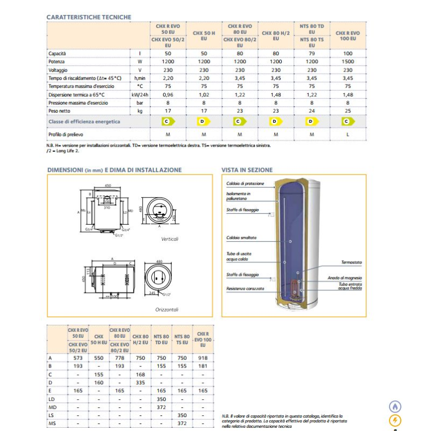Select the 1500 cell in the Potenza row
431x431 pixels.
pos(348,62)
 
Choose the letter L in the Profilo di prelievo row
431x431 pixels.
pos(348,134)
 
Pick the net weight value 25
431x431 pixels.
pos(348,110)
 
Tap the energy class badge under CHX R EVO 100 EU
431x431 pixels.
pos(348,122)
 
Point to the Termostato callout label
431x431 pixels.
pos(351,262)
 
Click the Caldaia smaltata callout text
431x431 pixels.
pos(241,238)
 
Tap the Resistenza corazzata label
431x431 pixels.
pos(245,289)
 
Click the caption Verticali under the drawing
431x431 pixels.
pos(169,239)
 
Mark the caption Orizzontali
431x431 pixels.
pos(167,310)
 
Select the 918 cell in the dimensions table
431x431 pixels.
pos(203,358)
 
